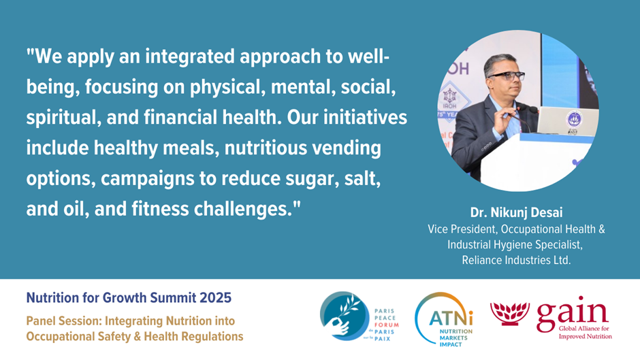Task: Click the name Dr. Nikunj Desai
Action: coord(516,212)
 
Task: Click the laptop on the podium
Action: coord(567,121)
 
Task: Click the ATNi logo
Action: coord(444,318)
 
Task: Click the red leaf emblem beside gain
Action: coord(510,313)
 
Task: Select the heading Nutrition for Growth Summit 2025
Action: coord(129,297)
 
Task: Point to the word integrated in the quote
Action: coord(190,56)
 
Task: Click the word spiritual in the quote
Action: coord(64,118)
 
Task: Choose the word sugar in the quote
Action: coord(313,179)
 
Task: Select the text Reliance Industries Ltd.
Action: coord(516,260)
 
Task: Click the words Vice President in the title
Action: coord(461,229)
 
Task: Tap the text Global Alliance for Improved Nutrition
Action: coord(586,333)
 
